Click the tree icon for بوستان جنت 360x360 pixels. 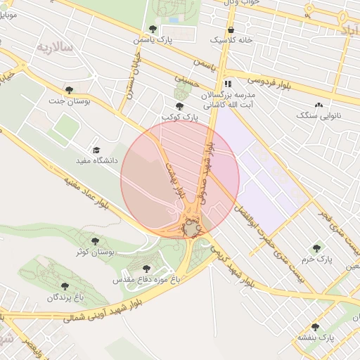[69, 89]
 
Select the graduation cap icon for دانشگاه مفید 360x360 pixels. [96, 150]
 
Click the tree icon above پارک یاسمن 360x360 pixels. [153, 29]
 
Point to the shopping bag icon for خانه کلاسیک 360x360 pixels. [231, 30]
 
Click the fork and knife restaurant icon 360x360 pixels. [227, 82]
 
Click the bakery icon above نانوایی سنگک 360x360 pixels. [319, 105]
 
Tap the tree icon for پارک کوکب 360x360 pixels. [179, 105]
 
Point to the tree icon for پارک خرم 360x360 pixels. [316, 248]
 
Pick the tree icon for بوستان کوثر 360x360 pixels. [94, 240]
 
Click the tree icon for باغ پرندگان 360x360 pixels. [65, 286]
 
